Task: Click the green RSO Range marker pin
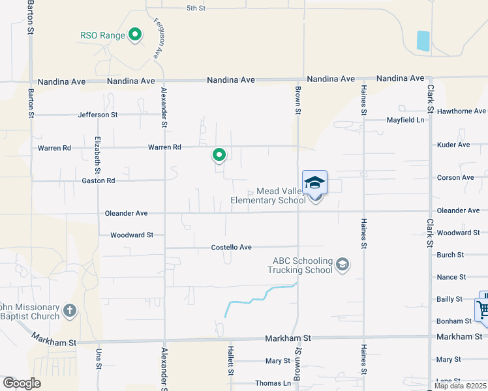tap(135, 35)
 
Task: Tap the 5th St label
tap(196, 8)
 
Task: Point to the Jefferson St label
tap(97, 115)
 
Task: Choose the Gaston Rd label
tap(98, 181)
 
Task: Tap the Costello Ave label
tap(231, 248)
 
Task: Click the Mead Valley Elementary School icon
tap(314, 182)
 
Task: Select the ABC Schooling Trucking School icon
tap(343, 265)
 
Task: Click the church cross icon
tap(70, 311)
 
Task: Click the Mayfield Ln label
tap(405, 120)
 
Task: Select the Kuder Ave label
tap(453, 145)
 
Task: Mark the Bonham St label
tap(454, 321)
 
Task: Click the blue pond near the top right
tap(423, 41)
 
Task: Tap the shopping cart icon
tap(483, 309)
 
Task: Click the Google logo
tap(22, 383)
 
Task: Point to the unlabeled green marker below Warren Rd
tap(219, 155)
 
